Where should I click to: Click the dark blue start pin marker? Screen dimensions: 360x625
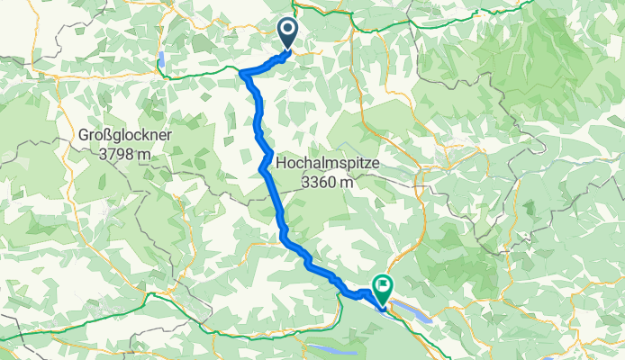tap(287, 32)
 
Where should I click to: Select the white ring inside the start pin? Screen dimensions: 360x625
tap(287, 30)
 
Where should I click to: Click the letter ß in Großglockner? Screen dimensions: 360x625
tap(109, 135)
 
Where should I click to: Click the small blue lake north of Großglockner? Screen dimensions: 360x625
tap(161, 61)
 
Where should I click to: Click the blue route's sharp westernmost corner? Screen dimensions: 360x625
tap(243, 74)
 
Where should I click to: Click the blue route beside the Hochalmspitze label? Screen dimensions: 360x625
tap(267, 166)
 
